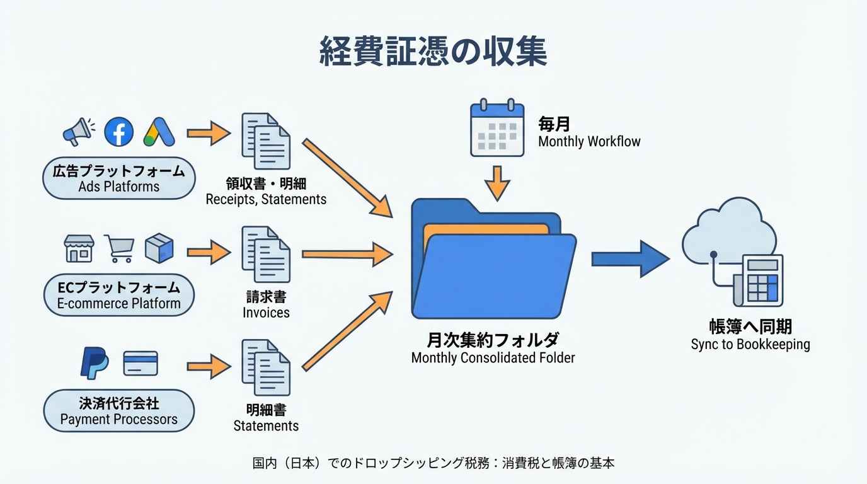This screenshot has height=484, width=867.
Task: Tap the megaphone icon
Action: (x=78, y=132)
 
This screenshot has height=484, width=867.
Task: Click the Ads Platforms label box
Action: (x=118, y=178)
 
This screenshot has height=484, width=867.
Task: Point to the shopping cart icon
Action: (x=119, y=248)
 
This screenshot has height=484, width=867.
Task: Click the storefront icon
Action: (x=79, y=248)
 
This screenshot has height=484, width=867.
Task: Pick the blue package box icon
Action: (x=159, y=248)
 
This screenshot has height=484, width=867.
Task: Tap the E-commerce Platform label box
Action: (x=118, y=296)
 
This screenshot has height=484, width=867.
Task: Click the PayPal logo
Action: (x=95, y=364)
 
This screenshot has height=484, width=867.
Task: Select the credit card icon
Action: (x=141, y=364)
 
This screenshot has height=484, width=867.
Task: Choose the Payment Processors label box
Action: (x=118, y=411)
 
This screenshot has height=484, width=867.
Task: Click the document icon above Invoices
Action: (x=266, y=254)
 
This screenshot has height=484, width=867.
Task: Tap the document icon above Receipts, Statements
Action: (x=266, y=141)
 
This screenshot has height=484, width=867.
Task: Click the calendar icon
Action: (x=497, y=128)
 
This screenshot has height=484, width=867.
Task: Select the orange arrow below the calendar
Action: (x=497, y=182)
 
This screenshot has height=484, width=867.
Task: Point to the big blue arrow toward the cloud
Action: (x=629, y=258)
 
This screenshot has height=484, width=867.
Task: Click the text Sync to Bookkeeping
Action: (x=750, y=345)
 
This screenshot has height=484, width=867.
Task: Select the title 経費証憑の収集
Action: (x=433, y=52)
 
